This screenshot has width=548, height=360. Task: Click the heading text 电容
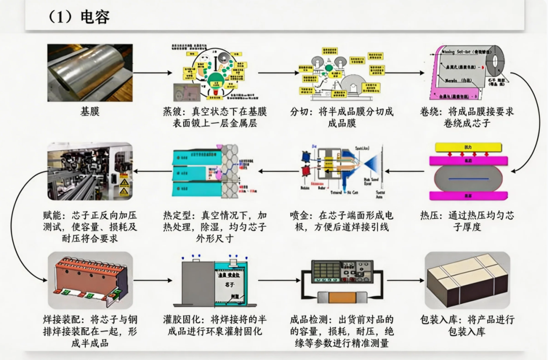(x=94, y=16)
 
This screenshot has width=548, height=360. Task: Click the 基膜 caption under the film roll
(x=90, y=112)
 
